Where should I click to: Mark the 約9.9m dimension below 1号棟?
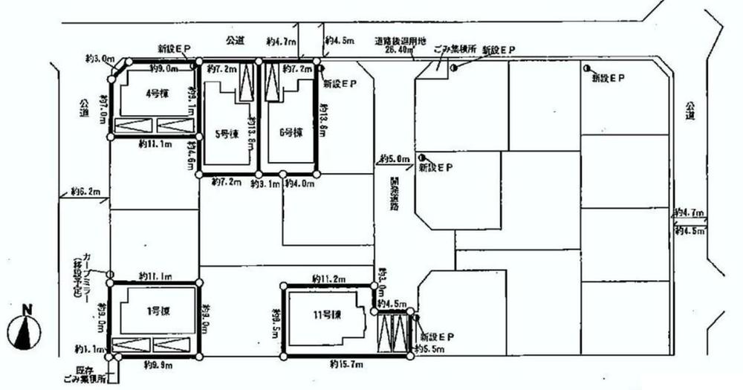click(x=155, y=365)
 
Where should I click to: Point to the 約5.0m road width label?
click(x=393, y=158)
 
